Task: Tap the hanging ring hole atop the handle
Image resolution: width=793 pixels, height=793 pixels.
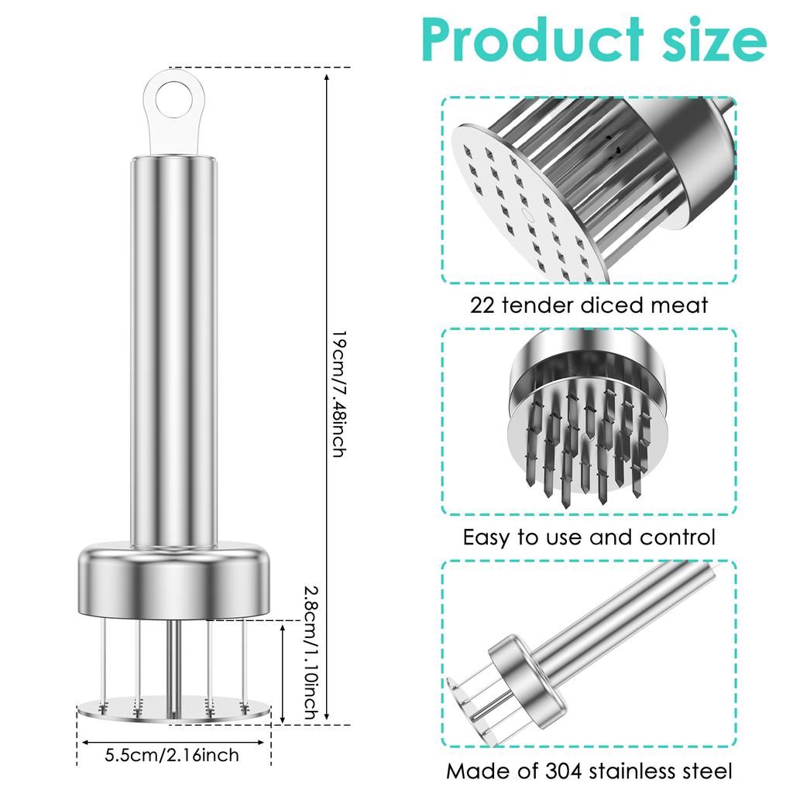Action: coord(172,99)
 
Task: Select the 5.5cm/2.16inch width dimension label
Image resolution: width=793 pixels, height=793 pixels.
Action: coord(172,754)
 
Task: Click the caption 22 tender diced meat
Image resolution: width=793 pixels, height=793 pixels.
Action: coord(589,305)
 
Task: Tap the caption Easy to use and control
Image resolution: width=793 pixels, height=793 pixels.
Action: coord(589,537)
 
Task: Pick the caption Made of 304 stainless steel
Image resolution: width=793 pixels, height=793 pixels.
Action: coord(589,771)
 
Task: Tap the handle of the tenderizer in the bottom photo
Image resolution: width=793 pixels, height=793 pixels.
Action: coord(627,612)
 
